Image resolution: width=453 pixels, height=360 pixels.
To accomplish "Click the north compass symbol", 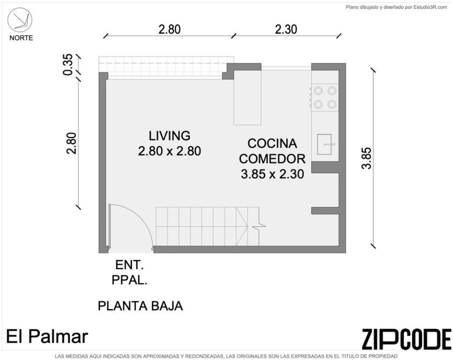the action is (x=20, y=20).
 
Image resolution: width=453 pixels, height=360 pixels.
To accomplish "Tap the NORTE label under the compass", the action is (x=21, y=38).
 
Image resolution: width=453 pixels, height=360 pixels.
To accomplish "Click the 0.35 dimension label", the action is (x=68, y=64).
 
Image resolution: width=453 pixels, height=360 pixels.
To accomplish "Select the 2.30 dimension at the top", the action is (x=286, y=30).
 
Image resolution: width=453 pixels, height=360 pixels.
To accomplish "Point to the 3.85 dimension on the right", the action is (x=366, y=158).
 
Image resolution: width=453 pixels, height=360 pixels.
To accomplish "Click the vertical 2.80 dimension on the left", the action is (x=71, y=143).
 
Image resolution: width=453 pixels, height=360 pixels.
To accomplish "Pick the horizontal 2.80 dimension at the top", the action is (x=169, y=30).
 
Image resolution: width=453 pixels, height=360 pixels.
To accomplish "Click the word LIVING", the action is (x=170, y=136).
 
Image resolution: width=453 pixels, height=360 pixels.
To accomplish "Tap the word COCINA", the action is (x=272, y=143).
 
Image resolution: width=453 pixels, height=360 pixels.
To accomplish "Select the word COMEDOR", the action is (x=272, y=159).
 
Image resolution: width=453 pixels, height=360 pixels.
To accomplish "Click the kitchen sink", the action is (x=325, y=144).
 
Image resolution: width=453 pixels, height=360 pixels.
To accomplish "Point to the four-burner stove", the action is (x=325, y=97).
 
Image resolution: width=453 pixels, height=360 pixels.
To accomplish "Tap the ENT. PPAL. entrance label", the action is (x=130, y=272).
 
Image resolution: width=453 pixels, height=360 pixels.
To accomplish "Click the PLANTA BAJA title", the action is (x=140, y=306).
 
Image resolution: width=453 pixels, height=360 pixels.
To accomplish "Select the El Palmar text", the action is (x=47, y=337).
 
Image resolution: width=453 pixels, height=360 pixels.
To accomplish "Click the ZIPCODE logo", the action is (x=407, y=339).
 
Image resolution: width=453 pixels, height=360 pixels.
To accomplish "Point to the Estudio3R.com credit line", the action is (x=397, y=8).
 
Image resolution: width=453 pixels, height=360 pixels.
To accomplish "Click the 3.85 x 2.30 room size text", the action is (x=272, y=174).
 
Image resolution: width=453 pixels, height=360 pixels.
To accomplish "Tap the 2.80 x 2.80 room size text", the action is (x=170, y=151).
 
